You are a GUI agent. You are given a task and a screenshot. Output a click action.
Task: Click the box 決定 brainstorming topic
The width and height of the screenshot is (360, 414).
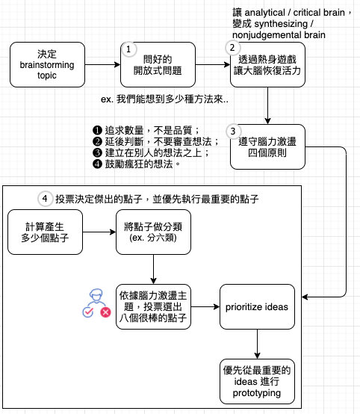47,65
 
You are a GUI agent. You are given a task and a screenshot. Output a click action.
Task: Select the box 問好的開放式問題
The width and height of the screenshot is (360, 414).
158,65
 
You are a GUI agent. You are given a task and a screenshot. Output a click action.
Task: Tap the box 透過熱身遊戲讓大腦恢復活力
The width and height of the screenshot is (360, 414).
267,65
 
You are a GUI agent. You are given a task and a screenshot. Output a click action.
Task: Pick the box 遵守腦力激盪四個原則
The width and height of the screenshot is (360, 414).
267,146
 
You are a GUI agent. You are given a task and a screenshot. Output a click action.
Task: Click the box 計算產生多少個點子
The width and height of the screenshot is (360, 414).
45,232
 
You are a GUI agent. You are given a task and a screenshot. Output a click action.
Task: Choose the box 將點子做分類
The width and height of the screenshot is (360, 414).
153,232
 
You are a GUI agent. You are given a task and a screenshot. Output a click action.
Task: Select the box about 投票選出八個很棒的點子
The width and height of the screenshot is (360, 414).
153,307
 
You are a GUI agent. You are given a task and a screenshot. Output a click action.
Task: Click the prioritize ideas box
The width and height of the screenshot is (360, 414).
257,307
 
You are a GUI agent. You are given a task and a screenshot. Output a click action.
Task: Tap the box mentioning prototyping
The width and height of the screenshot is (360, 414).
257,382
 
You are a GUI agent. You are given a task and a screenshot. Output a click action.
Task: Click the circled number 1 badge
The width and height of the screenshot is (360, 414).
128,49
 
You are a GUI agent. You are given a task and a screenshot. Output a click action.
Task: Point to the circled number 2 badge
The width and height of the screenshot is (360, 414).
232,48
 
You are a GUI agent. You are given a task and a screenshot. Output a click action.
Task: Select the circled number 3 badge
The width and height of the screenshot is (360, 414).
233,132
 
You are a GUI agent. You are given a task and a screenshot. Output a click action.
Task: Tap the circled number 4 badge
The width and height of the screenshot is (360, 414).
45,199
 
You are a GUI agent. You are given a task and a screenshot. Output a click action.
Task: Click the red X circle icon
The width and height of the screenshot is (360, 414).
105,312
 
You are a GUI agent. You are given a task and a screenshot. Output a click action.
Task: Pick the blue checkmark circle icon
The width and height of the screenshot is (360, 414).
88,312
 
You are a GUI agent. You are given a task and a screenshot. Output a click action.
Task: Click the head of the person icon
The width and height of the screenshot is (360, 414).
96,294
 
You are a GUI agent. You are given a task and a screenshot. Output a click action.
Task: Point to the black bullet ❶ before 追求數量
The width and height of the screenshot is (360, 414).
97,130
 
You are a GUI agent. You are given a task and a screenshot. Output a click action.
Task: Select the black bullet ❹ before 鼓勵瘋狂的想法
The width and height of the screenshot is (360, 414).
97,164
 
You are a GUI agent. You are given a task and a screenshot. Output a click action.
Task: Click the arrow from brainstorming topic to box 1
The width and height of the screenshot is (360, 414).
102,65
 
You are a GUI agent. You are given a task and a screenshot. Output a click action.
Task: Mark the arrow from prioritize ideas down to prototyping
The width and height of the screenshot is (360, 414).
258,344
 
